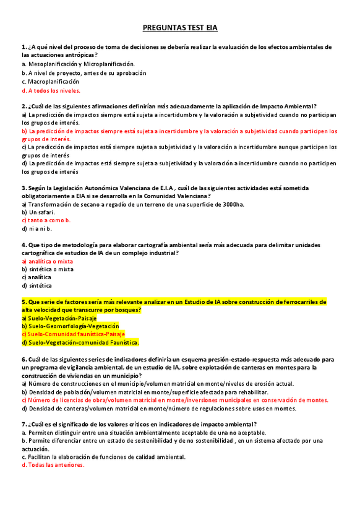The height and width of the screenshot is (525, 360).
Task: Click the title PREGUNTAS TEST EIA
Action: click(180, 28)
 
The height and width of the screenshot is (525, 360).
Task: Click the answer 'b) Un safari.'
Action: click(38, 212)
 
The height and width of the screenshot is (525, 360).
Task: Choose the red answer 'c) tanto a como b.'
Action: click(46, 220)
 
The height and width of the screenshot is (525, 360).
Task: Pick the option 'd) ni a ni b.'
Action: click(36, 228)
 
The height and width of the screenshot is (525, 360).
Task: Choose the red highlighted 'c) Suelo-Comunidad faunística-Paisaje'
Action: click(73, 334)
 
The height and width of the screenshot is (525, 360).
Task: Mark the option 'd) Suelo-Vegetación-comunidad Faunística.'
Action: click(80, 342)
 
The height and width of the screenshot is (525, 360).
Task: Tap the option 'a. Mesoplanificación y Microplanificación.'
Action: click(78, 64)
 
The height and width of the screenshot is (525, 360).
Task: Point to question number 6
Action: click(24, 359)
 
